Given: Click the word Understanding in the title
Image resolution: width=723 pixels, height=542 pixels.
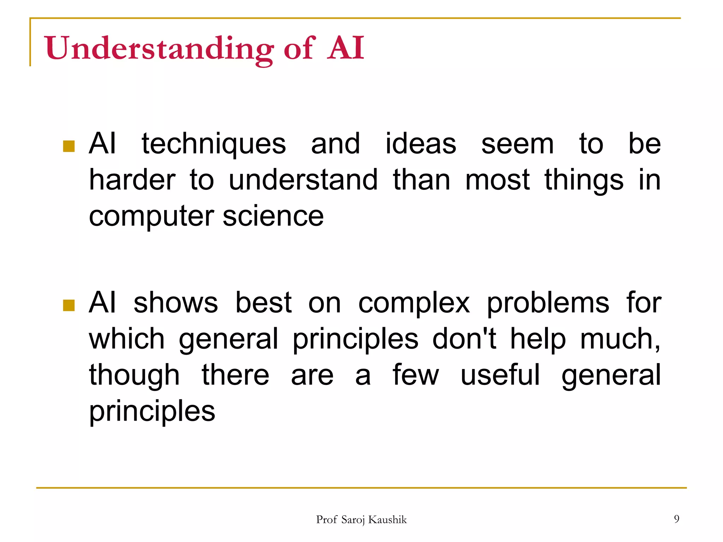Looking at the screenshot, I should pyautogui.click(x=159, y=48).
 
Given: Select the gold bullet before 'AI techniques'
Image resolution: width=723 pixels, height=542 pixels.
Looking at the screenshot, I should pyautogui.click(x=69, y=146).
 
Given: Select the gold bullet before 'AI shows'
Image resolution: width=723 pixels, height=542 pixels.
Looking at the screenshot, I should pyautogui.click(x=69, y=305).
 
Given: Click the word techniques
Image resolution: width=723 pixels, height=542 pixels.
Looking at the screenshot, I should pyautogui.click(x=214, y=144).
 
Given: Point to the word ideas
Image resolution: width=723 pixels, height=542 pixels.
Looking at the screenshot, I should pyautogui.click(x=420, y=144).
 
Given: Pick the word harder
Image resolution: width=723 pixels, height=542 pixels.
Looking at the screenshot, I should pyautogui.click(x=132, y=180).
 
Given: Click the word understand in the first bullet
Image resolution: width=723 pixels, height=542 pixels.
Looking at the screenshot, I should pyautogui.click(x=303, y=180).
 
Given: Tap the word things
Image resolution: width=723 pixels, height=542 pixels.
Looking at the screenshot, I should pyautogui.click(x=584, y=181).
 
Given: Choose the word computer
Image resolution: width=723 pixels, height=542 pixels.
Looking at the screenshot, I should pyautogui.click(x=151, y=217).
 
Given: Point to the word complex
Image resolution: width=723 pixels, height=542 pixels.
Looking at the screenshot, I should pyautogui.click(x=414, y=303).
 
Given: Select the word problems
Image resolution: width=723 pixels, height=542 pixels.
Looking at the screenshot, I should pyautogui.click(x=548, y=303).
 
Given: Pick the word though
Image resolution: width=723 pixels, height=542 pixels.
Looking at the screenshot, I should pyautogui.click(x=134, y=375).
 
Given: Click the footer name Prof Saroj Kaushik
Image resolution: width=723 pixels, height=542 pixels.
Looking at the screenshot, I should pyautogui.click(x=361, y=520).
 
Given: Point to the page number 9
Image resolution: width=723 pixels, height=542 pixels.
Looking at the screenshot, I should pyautogui.click(x=676, y=519).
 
